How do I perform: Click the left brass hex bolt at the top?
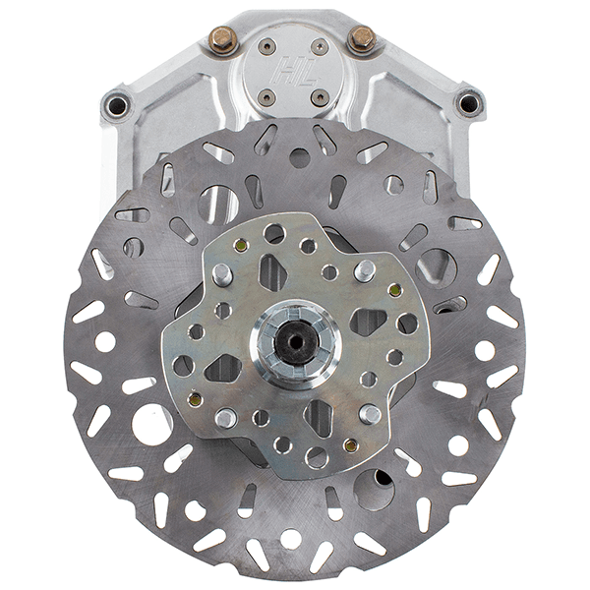click(x=222, y=39)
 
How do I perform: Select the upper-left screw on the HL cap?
click(x=266, y=46)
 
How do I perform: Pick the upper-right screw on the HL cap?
click(x=321, y=46)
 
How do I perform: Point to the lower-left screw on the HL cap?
click(x=266, y=98)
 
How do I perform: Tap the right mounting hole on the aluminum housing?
click(x=468, y=103)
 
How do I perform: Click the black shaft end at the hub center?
click(x=295, y=341)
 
